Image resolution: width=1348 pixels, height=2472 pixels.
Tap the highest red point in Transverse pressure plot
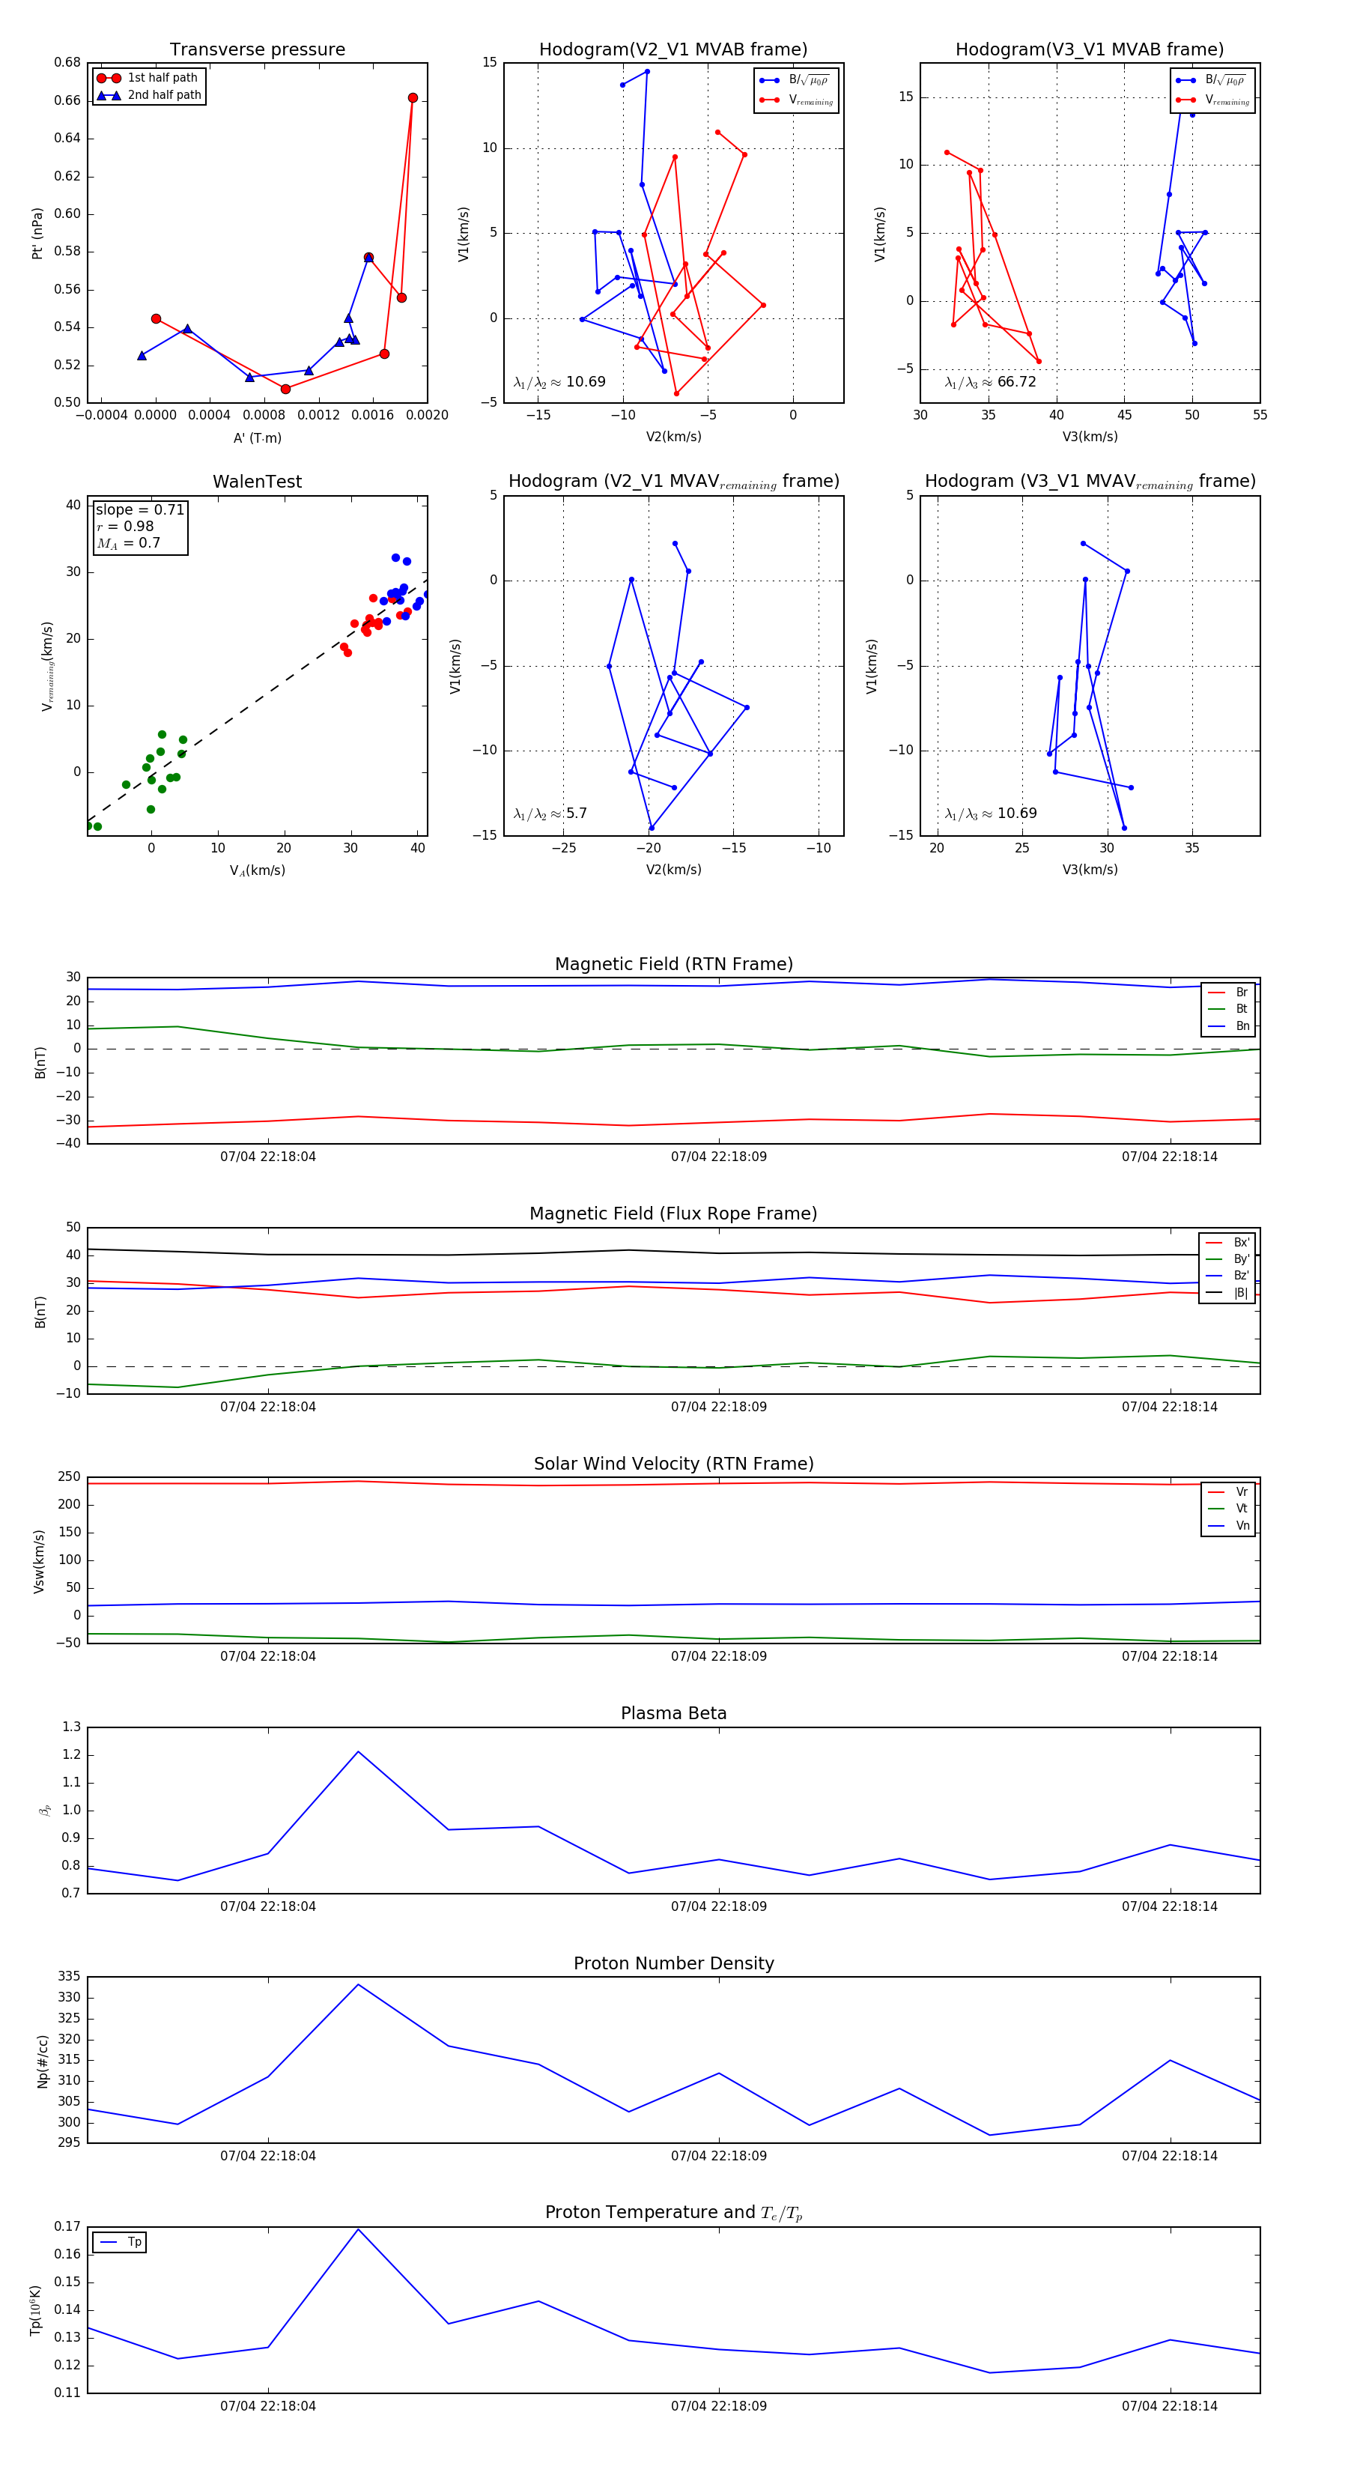[x=413, y=98]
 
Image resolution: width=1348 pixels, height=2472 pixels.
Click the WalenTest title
[x=257, y=482]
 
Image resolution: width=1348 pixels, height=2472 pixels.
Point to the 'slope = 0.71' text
[x=139, y=509]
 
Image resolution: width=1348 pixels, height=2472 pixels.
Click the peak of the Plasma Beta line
[x=358, y=1751]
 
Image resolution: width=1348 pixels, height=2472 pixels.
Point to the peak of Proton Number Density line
[x=358, y=1984]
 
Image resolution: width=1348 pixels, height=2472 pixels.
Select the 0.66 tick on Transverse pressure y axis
[x=67, y=100]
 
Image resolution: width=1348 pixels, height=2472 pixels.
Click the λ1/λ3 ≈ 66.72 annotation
[x=990, y=382]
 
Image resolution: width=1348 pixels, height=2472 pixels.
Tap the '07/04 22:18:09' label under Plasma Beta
[x=719, y=1906]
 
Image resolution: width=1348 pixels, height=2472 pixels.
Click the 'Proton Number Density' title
[x=673, y=1963]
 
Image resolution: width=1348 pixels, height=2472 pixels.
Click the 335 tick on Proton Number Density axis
[x=69, y=1976]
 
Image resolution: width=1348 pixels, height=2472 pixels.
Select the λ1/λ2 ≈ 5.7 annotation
[x=550, y=814]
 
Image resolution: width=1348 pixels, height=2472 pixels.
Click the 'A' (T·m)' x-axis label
[x=257, y=437]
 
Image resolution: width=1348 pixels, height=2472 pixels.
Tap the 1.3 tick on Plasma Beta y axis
[x=71, y=1727]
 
